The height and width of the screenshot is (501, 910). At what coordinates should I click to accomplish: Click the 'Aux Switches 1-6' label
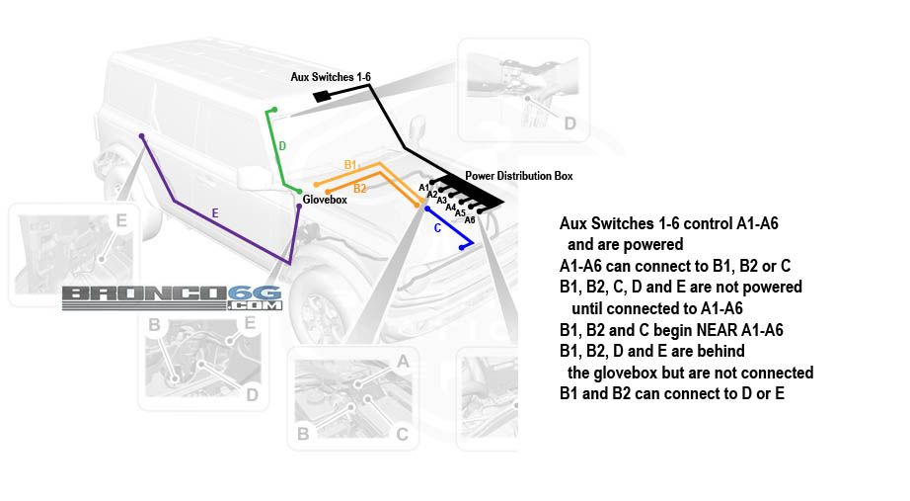tap(330, 76)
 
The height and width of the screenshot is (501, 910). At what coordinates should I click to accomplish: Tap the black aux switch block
tap(322, 96)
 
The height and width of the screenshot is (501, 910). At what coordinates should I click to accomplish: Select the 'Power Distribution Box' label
tap(518, 176)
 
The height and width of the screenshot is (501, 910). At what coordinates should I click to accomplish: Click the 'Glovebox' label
tap(325, 200)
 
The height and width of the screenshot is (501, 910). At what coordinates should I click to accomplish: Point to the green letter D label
tap(282, 146)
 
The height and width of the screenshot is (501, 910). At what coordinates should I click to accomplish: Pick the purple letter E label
tap(215, 212)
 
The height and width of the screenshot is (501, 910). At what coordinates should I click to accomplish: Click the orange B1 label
tap(350, 164)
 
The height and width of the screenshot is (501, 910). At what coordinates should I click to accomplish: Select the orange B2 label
tap(359, 188)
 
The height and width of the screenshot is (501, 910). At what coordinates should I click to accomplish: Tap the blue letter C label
tap(437, 228)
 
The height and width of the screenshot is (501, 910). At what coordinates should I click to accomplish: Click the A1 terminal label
tap(424, 187)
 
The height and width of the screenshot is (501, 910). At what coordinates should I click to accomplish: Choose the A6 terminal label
tap(470, 219)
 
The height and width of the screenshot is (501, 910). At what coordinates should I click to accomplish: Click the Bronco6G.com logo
tap(172, 297)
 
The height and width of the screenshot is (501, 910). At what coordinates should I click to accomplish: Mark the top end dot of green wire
tap(274, 110)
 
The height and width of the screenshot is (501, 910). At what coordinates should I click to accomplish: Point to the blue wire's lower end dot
tap(462, 248)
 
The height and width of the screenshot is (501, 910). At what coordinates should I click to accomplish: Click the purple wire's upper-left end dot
tap(143, 135)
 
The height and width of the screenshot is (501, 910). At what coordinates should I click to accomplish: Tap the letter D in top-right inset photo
tap(569, 123)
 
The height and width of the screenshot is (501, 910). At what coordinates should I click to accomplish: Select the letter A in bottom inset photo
tap(402, 363)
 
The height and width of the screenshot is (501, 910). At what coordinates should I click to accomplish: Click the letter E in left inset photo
tap(121, 220)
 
